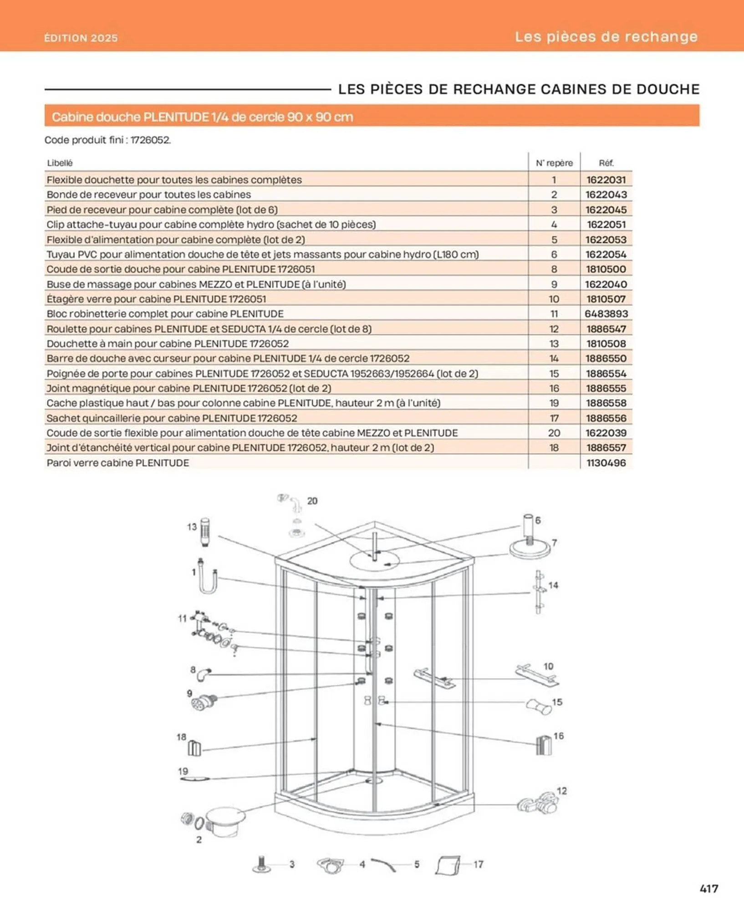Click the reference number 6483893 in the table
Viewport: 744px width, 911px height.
606,314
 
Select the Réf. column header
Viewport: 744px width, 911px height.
606,163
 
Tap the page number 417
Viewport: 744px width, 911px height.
708,889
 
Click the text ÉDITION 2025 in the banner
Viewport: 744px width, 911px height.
81,38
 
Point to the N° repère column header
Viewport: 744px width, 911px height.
554,163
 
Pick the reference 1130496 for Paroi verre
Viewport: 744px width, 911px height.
606,463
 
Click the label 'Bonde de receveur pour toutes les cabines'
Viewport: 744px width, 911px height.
148,194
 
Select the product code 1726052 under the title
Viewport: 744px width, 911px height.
150,140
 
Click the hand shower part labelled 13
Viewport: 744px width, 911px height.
205,531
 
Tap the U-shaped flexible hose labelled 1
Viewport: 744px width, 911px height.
207,578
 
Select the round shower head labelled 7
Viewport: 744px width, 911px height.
530,549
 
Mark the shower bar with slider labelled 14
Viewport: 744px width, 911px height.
539,592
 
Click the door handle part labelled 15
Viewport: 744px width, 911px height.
539,706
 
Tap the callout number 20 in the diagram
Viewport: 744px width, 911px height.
312,501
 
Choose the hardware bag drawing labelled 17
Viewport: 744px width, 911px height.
447,865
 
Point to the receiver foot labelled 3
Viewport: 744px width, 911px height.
261,864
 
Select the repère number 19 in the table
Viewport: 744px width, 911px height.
554,403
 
